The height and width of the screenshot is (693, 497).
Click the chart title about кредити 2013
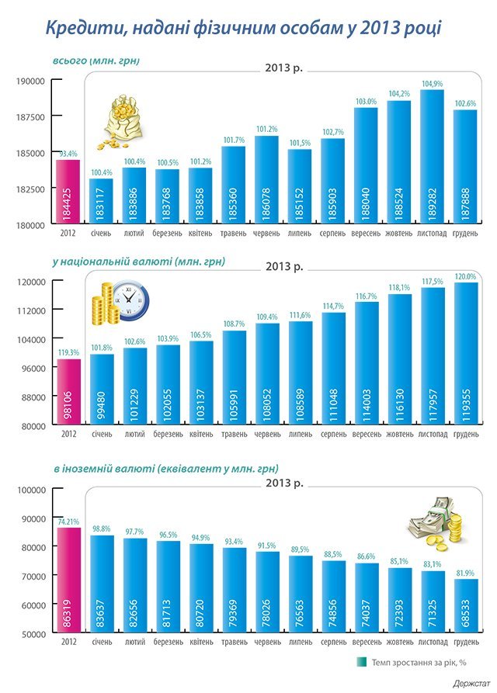(x=243, y=29)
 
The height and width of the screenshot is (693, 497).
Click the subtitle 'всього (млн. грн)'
(x=96, y=60)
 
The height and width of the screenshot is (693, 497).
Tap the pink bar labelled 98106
(x=68, y=392)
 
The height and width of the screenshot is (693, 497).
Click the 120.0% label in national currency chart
(x=465, y=276)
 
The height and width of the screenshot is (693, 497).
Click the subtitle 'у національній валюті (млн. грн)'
(x=139, y=262)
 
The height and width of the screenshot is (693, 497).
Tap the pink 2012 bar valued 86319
(x=68, y=581)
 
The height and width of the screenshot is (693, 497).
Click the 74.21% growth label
(x=68, y=522)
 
